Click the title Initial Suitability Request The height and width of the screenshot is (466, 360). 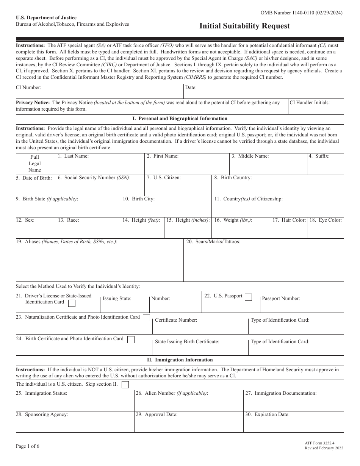245,26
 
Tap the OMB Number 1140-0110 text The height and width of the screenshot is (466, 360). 302,13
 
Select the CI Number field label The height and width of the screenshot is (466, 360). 28,87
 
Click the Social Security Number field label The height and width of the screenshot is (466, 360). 94,178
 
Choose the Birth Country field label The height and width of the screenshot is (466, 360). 233,178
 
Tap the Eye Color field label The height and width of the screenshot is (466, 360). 326,220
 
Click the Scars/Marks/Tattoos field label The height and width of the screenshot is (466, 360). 213,242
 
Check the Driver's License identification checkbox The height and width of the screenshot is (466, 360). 71,303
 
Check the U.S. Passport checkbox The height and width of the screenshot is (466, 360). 248,297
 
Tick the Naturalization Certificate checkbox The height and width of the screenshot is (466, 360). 146,318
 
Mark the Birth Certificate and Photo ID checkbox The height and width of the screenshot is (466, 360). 131,339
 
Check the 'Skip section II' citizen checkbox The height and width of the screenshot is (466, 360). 125,385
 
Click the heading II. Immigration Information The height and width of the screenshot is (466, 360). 180,360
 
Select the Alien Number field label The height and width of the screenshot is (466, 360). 172,393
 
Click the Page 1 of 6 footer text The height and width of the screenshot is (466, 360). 28,446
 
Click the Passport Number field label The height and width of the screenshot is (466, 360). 281,299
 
